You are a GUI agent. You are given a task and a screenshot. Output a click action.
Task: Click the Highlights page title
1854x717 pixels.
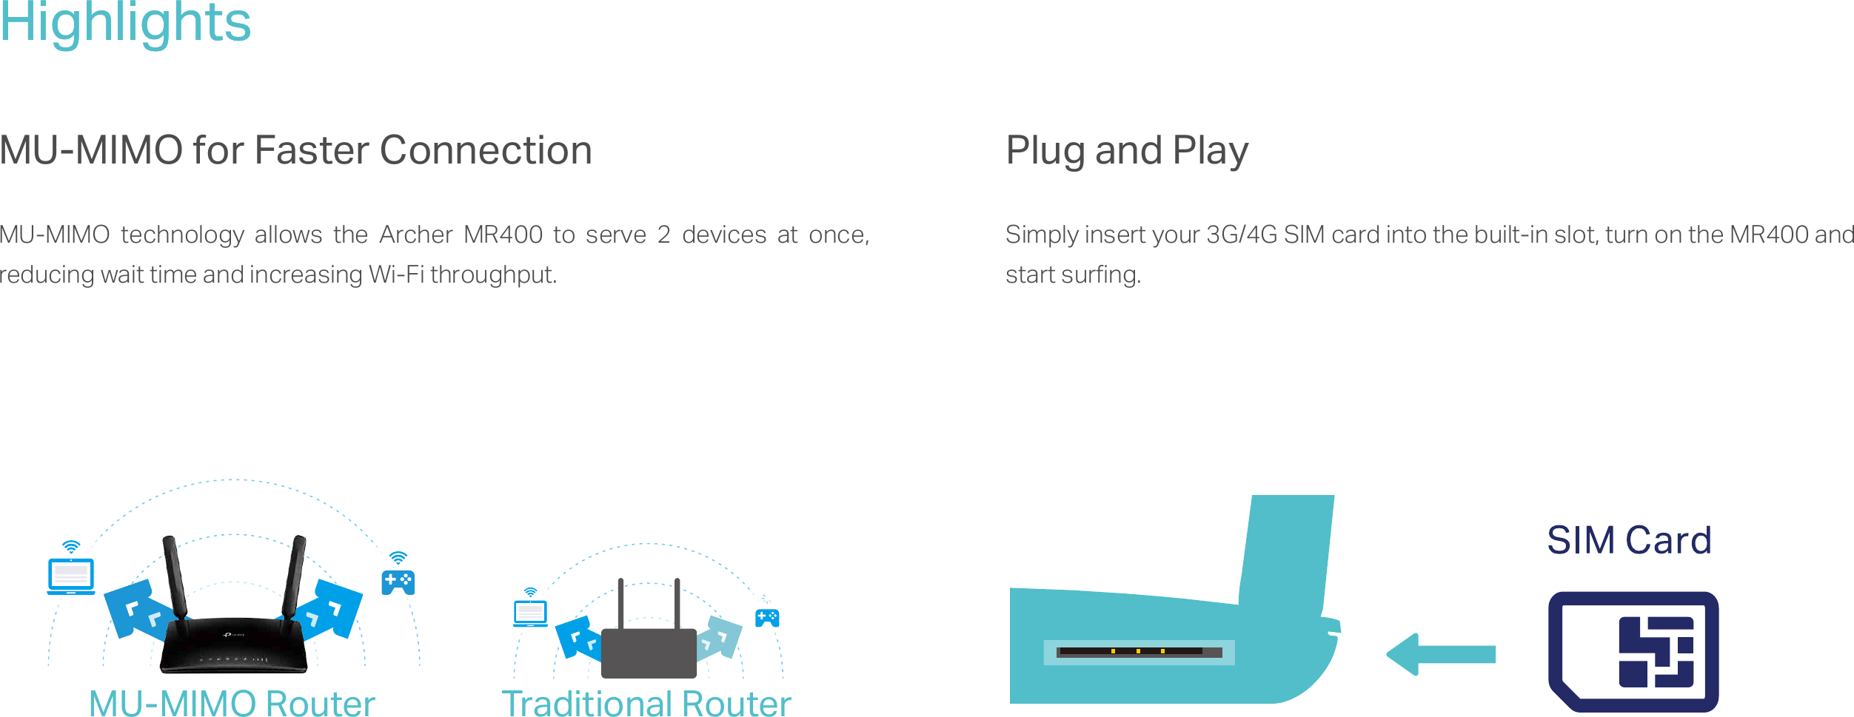tap(125, 21)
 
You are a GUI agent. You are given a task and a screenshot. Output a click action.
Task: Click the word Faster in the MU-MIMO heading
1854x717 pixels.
tap(312, 150)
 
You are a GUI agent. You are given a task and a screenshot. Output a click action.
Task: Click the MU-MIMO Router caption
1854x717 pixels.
tap(232, 703)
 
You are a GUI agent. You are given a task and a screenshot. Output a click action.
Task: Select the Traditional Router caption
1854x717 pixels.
tap(646, 703)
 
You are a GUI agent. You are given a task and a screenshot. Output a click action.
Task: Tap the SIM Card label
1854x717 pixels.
tap(1629, 540)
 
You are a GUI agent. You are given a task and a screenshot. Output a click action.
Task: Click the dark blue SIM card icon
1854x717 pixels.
tap(1633, 652)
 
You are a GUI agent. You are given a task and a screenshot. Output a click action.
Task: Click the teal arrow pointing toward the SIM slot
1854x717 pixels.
tap(1441, 654)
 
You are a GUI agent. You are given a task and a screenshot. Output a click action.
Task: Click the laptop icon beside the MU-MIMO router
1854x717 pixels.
tap(71, 576)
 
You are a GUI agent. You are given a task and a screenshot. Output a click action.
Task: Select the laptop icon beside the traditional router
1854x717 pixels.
tap(530, 614)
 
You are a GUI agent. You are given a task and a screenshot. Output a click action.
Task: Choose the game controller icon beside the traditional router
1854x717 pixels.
tap(767, 618)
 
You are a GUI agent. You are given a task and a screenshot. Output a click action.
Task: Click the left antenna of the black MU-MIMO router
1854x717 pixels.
tap(175, 578)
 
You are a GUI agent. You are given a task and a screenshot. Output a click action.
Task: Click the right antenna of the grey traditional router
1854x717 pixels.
tap(677, 604)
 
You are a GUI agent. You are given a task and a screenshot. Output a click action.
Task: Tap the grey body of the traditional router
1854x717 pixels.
tap(649, 653)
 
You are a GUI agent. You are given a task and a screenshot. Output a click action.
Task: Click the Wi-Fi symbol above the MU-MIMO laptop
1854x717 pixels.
tap(71, 548)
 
